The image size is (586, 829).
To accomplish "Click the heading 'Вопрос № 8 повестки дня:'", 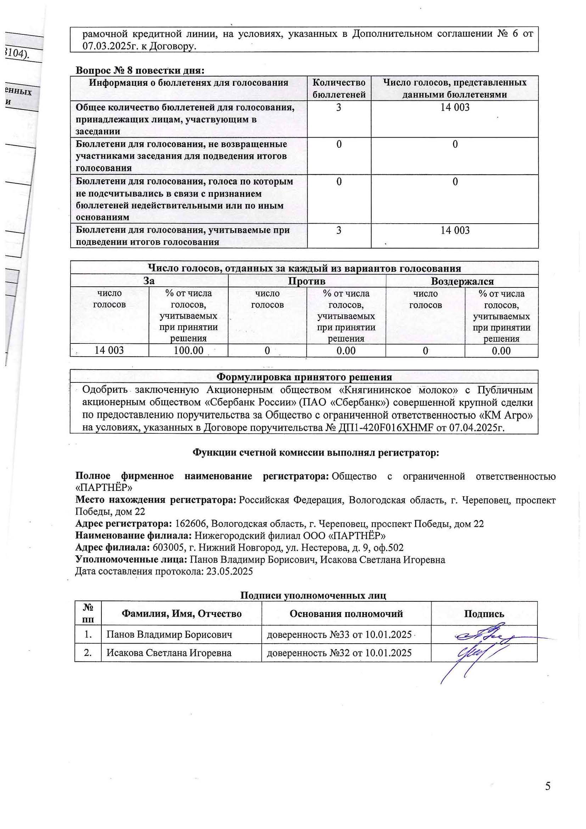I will [140, 71].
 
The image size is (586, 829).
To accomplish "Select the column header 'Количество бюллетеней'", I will [339, 89].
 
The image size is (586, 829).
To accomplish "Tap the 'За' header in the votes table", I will [149, 281].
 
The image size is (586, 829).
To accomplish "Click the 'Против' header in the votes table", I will [307, 281].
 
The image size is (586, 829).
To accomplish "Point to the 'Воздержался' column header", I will [462, 281].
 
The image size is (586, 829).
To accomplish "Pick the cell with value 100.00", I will [188, 350].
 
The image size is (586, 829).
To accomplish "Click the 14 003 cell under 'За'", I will [109, 350].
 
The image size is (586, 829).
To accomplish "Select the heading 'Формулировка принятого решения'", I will [304, 377].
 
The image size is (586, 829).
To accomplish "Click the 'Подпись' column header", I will [484, 614].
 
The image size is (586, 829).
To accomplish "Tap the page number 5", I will [548, 786].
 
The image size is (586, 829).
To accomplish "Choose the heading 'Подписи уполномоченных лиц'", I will [313, 595].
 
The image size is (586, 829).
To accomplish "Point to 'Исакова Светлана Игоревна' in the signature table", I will [169, 653].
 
